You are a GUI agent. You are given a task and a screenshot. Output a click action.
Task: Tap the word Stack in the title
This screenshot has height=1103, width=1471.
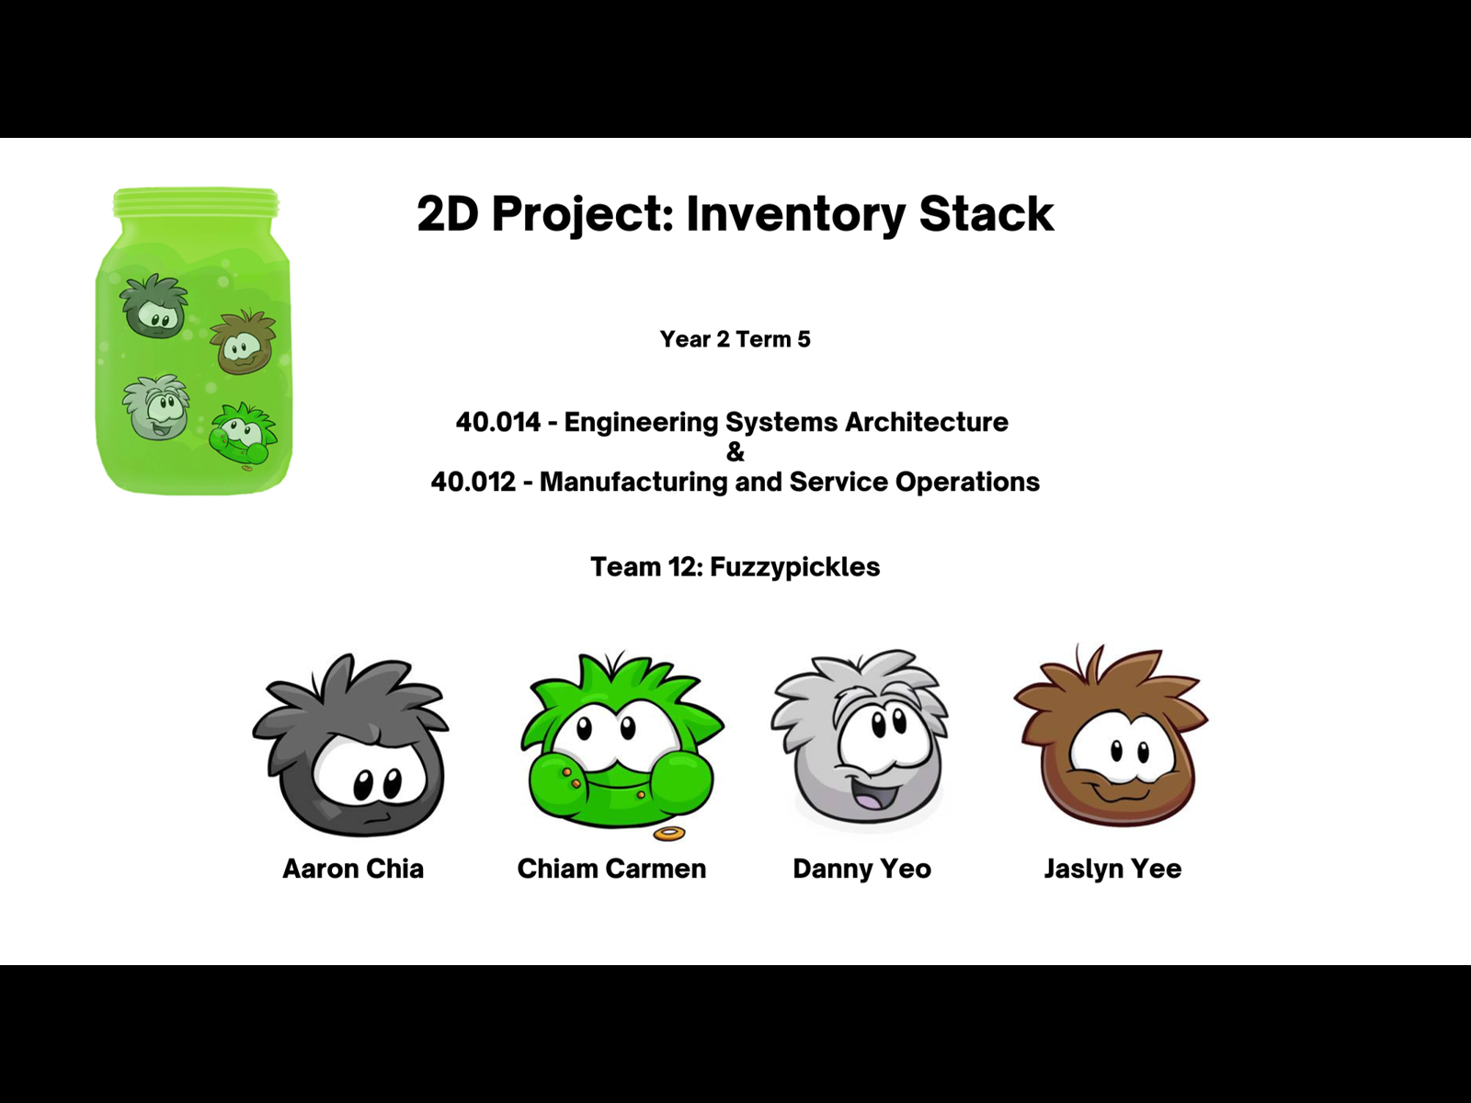point(986,213)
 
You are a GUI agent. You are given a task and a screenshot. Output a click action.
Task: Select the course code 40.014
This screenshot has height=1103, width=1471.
point(498,422)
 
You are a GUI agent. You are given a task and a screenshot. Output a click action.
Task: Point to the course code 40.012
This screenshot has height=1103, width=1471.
point(473,482)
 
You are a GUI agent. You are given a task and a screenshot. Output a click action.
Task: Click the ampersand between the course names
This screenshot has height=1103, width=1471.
point(735,452)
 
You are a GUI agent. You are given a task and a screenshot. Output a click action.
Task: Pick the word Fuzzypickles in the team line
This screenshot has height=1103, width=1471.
point(795,567)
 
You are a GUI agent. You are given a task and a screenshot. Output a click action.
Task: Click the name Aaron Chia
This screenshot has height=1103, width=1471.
point(353,869)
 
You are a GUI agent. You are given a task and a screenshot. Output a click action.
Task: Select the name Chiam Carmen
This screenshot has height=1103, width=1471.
point(611,869)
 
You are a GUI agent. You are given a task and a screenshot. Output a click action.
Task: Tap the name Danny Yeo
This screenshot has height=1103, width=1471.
point(861,869)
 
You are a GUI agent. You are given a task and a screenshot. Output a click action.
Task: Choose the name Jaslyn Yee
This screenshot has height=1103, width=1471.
point(1113,869)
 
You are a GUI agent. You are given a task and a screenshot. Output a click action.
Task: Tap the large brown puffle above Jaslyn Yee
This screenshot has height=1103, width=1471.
point(1112,736)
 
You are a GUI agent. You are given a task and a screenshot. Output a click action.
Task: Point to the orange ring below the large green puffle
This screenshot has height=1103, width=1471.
point(669,834)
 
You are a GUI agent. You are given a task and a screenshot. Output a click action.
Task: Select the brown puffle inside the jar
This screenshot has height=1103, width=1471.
point(243,342)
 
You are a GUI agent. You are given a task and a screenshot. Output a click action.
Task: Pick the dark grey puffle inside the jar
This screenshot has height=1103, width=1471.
point(154,305)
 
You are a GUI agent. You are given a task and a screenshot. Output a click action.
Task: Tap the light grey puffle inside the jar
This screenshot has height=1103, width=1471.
point(156,407)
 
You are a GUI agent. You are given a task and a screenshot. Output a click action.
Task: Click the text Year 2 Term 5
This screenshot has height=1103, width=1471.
point(735,339)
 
